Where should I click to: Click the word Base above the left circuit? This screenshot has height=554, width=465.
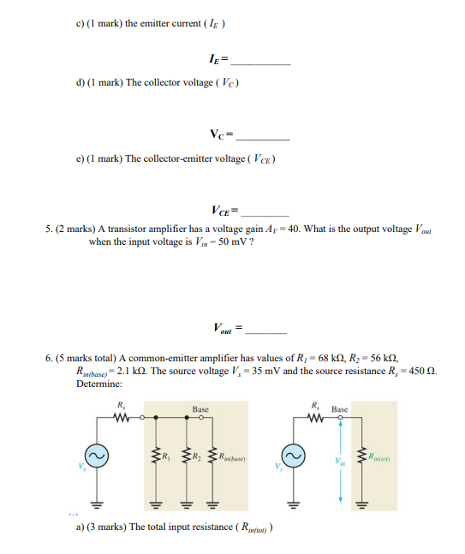tap(200, 410)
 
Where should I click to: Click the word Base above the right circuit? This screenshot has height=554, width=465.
tap(339, 410)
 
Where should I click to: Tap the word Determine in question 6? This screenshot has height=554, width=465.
tap(98, 384)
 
